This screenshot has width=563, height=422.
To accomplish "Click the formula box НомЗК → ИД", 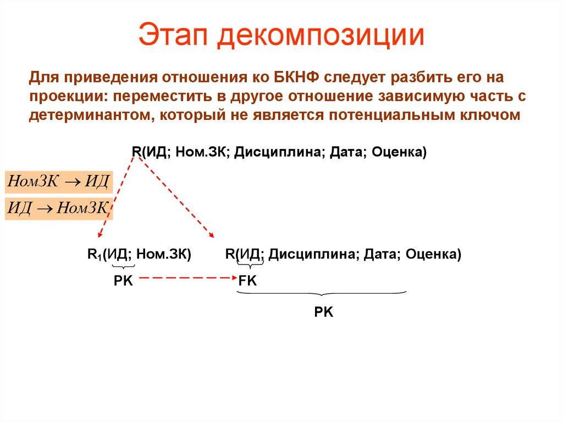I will (x=58, y=181).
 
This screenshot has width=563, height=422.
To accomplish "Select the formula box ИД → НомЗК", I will (x=58, y=208).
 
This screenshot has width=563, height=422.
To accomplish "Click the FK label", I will (x=248, y=280).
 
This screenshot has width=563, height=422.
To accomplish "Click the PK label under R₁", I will (x=123, y=280).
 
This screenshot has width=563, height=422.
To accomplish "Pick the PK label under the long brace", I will (x=324, y=313).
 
